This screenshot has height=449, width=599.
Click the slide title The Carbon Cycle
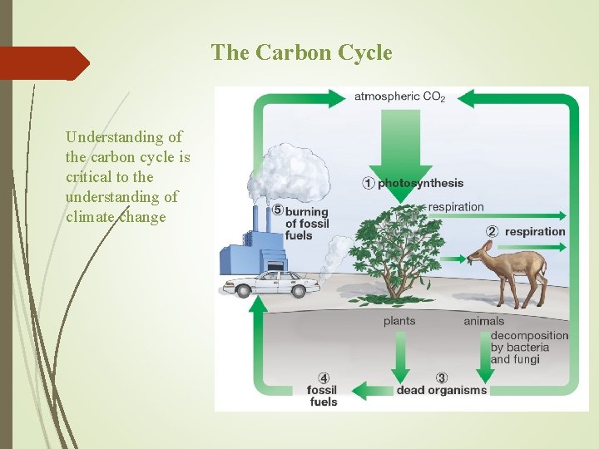(301, 52)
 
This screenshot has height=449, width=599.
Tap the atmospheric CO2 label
(399, 96)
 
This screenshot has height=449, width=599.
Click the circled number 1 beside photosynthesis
(368, 183)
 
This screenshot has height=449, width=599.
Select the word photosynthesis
(420, 183)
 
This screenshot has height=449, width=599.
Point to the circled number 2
(493, 231)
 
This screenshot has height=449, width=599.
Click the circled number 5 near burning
(278, 210)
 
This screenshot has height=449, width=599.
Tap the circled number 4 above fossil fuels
(324, 377)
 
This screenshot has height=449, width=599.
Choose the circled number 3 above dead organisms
(442, 377)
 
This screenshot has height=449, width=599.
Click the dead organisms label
(441, 390)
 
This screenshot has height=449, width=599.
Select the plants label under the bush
(399, 321)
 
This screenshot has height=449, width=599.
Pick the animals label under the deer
(483, 321)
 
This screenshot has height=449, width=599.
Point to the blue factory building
(250, 249)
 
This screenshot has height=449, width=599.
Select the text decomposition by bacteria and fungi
(529, 348)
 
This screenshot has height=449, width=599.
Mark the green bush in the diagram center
(399, 249)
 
